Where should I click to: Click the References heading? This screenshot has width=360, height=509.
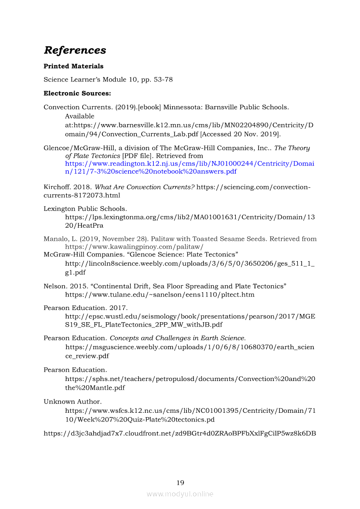pyautogui.click(x=75, y=50)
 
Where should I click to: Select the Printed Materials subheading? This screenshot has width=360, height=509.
pyautogui.click(x=73, y=66)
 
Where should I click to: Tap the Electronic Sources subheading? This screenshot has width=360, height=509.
pyautogui.click(x=77, y=93)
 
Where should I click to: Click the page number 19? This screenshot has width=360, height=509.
pyautogui.click(x=180, y=482)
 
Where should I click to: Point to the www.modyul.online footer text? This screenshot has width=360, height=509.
pyautogui.click(x=180, y=494)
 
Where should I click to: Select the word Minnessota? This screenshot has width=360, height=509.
pyautogui.click(x=183, y=107)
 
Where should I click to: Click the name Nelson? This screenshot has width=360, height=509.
pyautogui.click(x=54, y=286)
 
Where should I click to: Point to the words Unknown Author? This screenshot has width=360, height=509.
pyautogui.click(x=72, y=401)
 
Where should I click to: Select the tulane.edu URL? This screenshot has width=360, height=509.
pyautogui.click(x=160, y=295)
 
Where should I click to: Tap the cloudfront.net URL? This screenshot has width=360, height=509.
pyautogui.click(x=180, y=433)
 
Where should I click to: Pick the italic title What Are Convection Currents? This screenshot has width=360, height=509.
pyautogui.click(x=144, y=187)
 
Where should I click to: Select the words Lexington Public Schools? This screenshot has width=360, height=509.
pyautogui.click(x=85, y=209)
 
